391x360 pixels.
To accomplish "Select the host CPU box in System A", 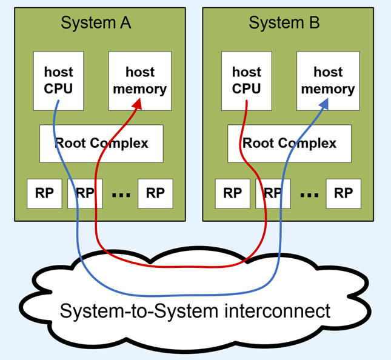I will [58, 81].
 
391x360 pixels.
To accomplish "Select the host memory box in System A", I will [140, 81].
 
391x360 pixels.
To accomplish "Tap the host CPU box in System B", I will [246, 81].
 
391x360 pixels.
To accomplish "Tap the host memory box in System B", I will [328, 81].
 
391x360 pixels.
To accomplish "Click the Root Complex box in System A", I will [101, 144].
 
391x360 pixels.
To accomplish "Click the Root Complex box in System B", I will [289, 144].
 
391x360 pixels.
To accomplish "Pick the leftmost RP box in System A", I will [44, 193].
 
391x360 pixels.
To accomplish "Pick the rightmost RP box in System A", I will [155, 193].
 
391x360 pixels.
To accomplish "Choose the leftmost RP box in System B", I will [232, 193].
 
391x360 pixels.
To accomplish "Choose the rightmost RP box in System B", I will [343, 193].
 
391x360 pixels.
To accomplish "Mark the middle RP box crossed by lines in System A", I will [85, 193].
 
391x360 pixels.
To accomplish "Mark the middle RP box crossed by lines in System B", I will [273, 193].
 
